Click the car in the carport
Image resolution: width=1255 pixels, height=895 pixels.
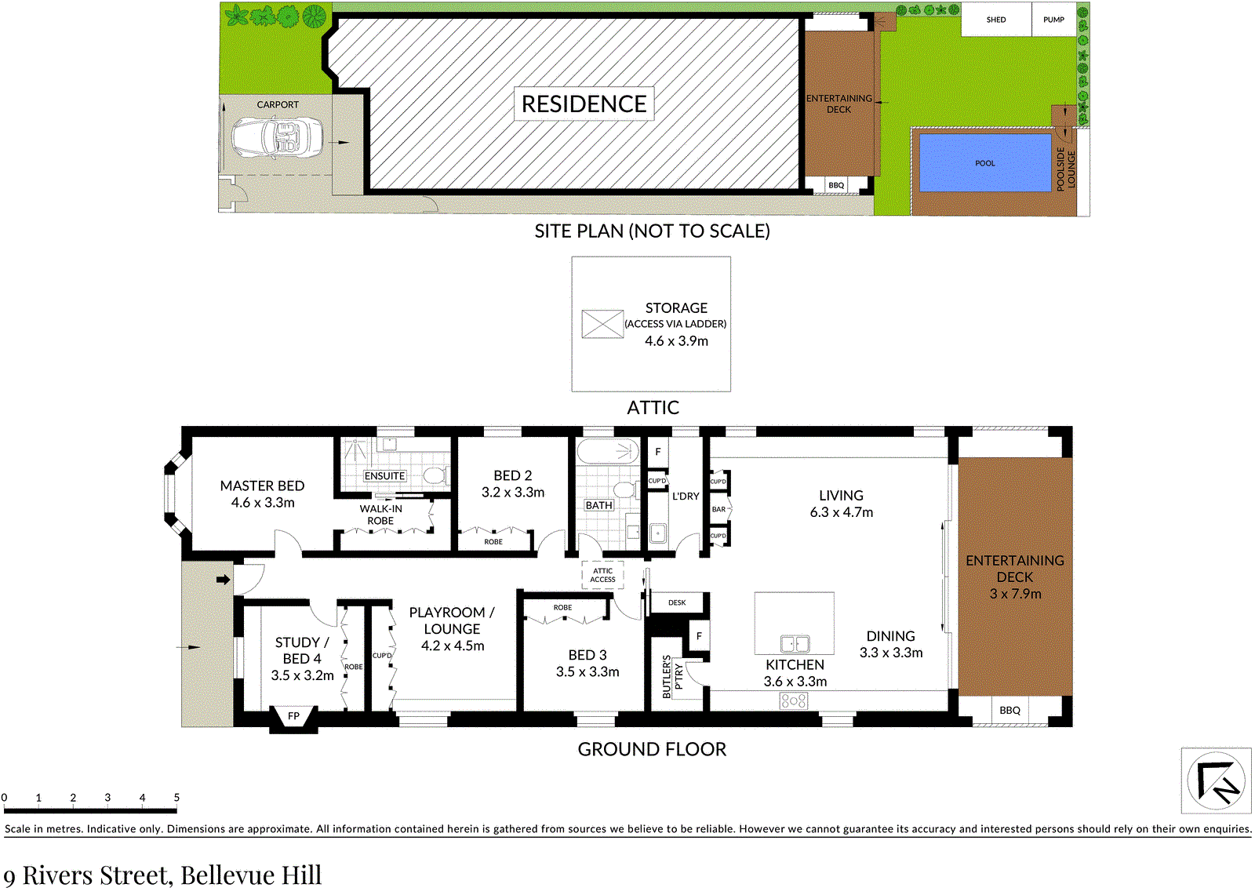(x=278, y=138)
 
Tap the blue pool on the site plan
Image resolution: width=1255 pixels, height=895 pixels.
(x=985, y=162)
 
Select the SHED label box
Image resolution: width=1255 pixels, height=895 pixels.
(x=996, y=20)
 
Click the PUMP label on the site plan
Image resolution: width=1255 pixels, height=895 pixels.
(x=1053, y=20)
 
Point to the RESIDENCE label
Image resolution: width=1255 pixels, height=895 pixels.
(x=584, y=104)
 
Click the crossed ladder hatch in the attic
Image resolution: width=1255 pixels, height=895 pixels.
(x=602, y=324)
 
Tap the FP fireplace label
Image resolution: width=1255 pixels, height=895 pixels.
(x=293, y=715)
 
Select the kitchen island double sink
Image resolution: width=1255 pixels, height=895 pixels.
(x=795, y=644)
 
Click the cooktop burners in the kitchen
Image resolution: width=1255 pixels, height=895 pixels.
(x=793, y=700)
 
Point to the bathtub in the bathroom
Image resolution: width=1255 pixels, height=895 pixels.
(x=609, y=450)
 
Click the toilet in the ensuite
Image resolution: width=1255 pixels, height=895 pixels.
(x=435, y=476)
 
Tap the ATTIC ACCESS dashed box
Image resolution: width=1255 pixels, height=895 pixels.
(x=602, y=575)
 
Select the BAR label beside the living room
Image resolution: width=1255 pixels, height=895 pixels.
(x=718, y=509)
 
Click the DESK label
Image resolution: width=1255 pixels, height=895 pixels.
(x=677, y=602)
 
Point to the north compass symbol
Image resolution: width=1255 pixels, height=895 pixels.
(x=1216, y=780)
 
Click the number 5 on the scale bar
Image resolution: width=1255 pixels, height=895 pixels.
(x=176, y=797)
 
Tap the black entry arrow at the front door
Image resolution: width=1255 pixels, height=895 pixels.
(x=223, y=580)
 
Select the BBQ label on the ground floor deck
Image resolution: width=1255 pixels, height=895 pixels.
(x=1009, y=710)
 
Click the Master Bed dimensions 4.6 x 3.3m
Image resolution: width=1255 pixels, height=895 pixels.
(x=263, y=503)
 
